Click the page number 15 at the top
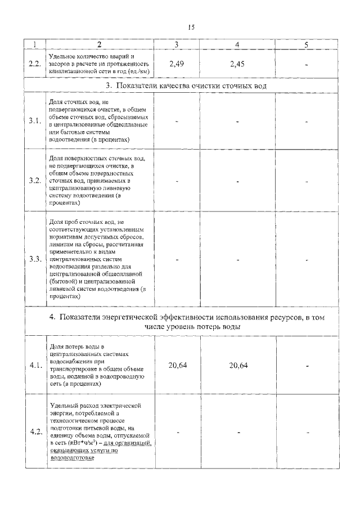(191, 26)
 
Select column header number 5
(306, 44)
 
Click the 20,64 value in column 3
(178, 366)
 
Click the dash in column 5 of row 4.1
(307, 366)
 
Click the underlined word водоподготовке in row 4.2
(71, 458)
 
